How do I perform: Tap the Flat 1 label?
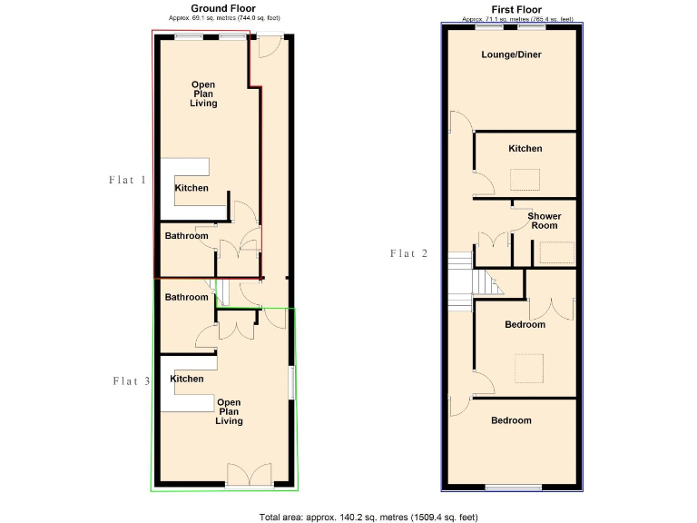[127, 180]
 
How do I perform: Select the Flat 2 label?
[408, 253]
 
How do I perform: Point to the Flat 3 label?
[131, 380]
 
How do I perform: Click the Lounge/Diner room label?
[511, 54]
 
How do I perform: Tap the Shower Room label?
[545, 221]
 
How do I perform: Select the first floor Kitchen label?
[525, 148]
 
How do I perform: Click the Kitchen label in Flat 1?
[191, 188]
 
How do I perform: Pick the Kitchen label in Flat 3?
[187, 379]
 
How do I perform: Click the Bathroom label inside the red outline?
[186, 236]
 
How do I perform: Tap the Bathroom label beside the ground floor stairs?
[186, 297]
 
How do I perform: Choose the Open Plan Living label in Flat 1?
[203, 94]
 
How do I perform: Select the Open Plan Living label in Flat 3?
[228, 411]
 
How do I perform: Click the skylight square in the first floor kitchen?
[525, 179]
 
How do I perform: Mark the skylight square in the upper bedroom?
[525, 368]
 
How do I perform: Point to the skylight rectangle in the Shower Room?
[557, 252]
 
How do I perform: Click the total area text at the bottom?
[368, 517]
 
